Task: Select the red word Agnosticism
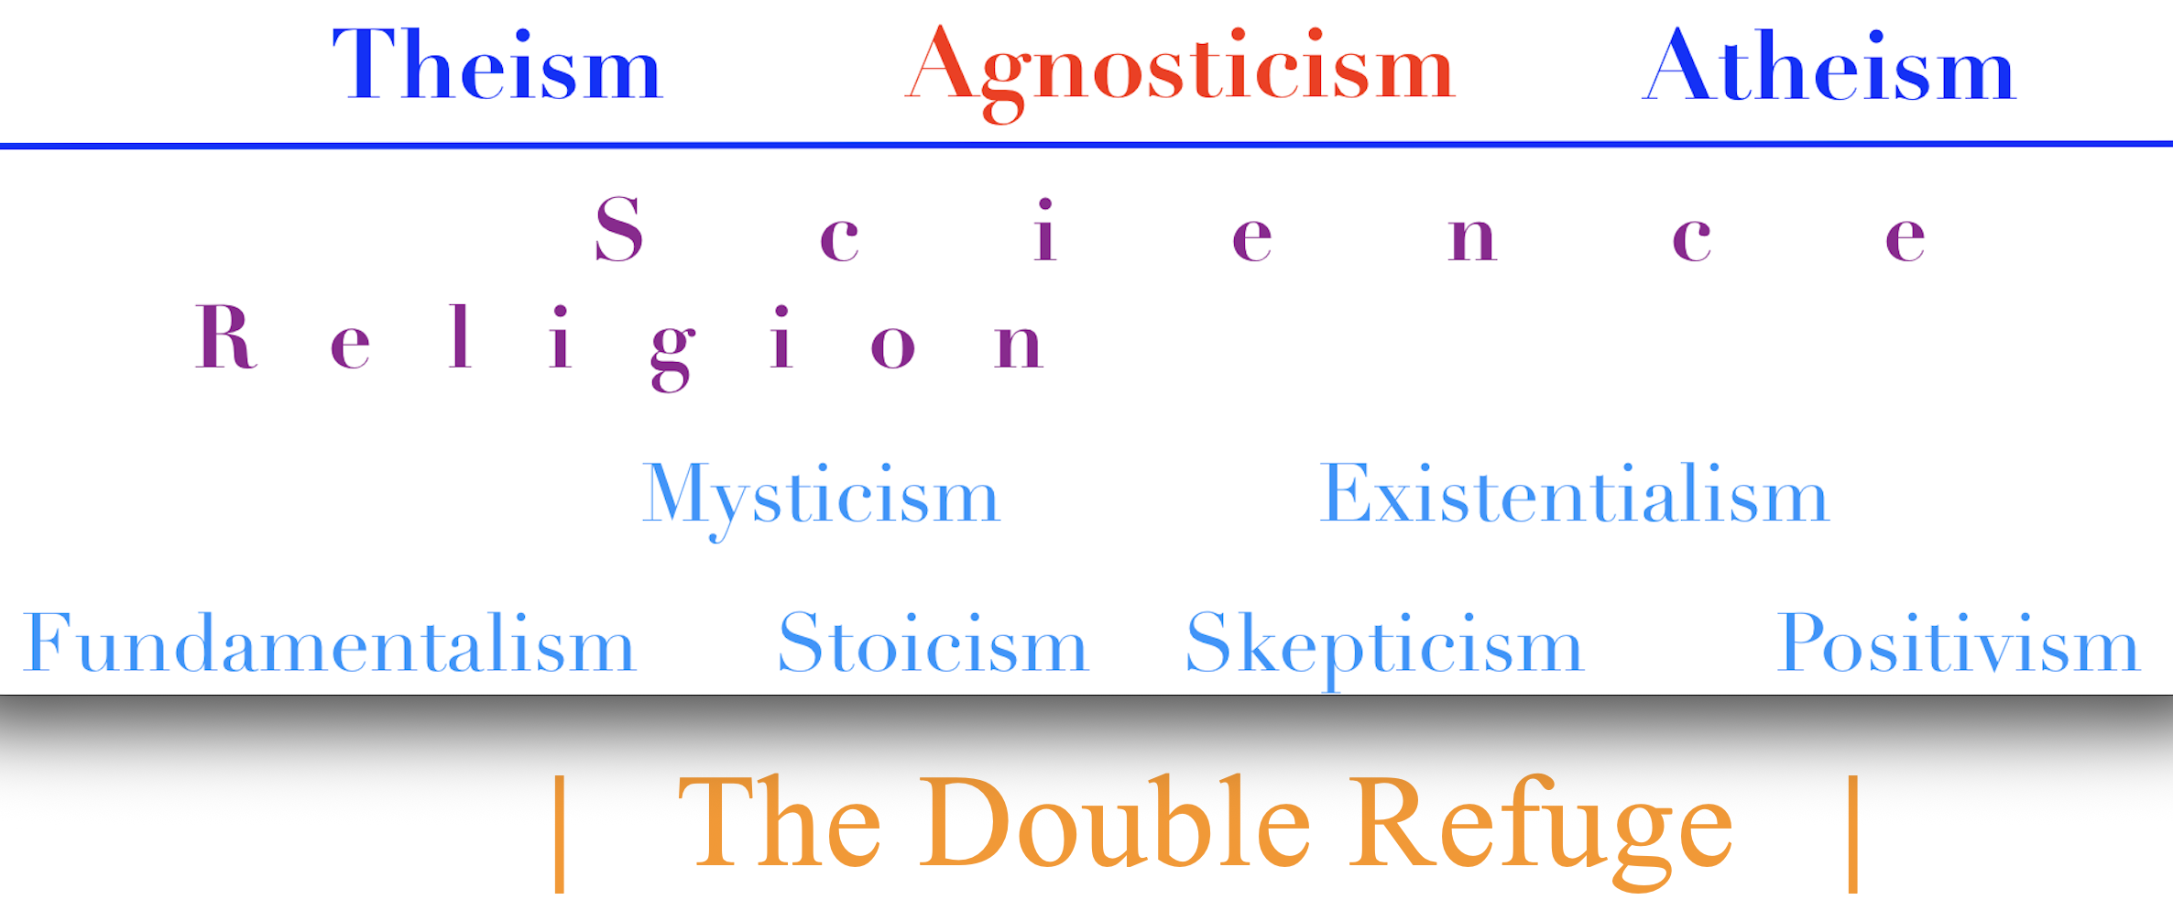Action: pyautogui.click(x=1180, y=73)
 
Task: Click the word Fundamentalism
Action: pyautogui.click(x=329, y=642)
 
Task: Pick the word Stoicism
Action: pyautogui.click(x=933, y=642)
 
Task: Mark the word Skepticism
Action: pyautogui.click(x=1384, y=650)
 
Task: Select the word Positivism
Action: pyautogui.click(x=1958, y=642)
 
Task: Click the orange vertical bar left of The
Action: pyautogui.click(x=560, y=833)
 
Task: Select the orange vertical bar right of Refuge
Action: pyautogui.click(x=1853, y=833)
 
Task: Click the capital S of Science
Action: pyautogui.click(x=619, y=229)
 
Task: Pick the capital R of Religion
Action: pyautogui.click(x=225, y=336)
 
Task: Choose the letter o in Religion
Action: pyautogui.click(x=893, y=346)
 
